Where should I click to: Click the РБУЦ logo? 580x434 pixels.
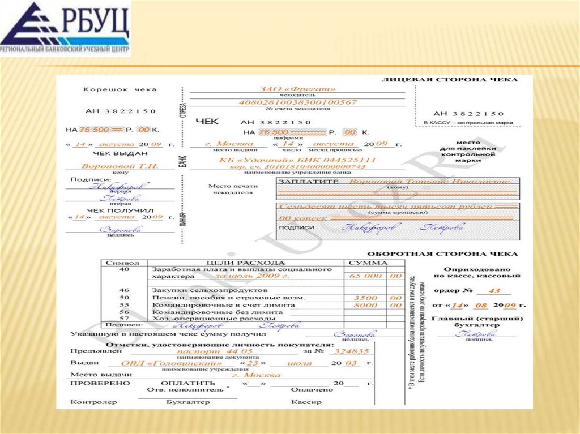[x=65, y=28]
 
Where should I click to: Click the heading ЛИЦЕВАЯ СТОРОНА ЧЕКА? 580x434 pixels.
[x=450, y=80]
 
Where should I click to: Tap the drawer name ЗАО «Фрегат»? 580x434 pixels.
[x=297, y=89]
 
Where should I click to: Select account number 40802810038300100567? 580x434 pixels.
[x=297, y=102]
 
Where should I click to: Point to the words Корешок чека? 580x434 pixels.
[x=120, y=89]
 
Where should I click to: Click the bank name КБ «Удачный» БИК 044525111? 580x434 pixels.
[x=297, y=160]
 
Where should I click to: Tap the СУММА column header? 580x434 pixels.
[x=368, y=263]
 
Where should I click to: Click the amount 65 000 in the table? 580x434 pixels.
[x=366, y=276]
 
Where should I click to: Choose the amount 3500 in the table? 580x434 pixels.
[x=366, y=298]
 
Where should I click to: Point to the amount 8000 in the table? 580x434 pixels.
[x=366, y=305]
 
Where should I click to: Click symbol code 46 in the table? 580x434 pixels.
[x=124, y=290]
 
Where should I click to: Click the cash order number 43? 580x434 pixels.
[x=494, y=291]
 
